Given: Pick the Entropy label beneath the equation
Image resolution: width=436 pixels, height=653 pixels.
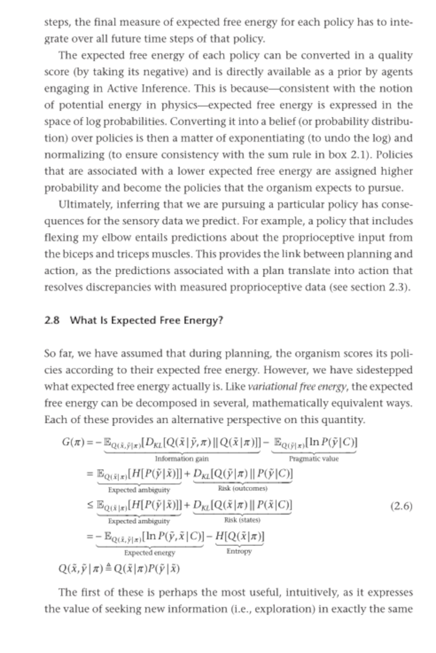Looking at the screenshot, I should [239, 552].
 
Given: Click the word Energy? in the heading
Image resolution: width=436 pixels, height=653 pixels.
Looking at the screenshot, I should [203, 320].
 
